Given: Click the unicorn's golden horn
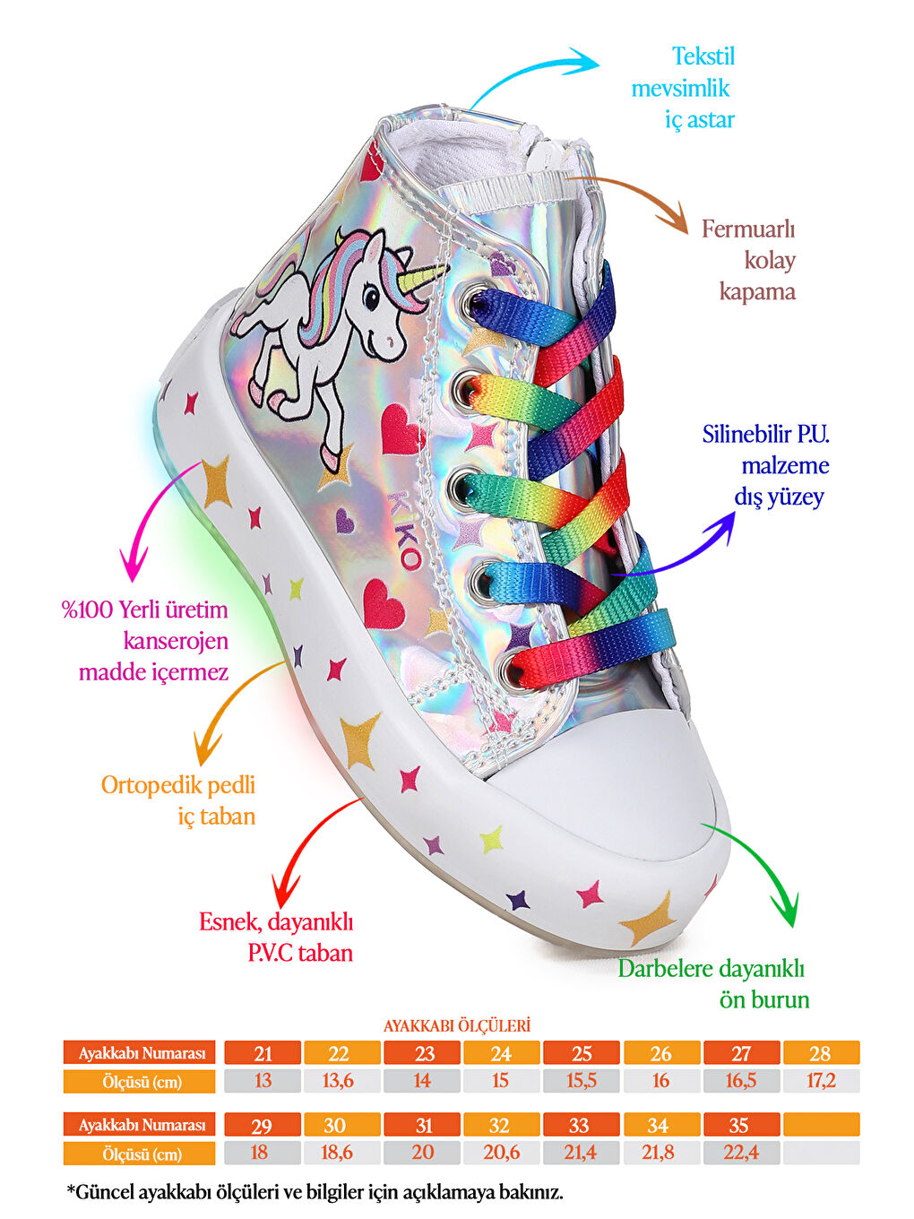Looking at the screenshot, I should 423,278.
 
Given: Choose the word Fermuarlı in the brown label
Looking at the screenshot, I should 748,229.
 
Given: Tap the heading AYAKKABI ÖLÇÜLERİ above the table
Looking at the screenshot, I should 457,1025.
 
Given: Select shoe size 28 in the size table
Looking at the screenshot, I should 820,1053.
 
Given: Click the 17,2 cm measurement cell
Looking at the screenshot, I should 820,1081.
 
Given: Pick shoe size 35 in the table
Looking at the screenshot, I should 739,1125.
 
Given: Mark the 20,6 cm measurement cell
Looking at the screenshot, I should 501,1153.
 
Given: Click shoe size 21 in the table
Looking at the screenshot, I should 263,1053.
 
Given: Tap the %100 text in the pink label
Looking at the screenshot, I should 88,610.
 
